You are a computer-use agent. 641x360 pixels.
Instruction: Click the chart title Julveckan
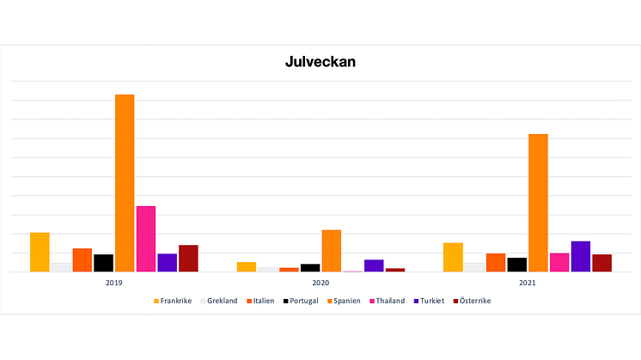tap(320, 63)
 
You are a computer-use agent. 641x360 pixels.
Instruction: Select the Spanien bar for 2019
tap(125, 183)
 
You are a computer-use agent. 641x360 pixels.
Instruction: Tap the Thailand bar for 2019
tap(146, 239)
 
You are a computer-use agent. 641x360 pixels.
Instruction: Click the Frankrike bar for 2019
tap(40, 252)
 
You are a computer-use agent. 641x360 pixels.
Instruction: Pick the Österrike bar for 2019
tap(188, 259)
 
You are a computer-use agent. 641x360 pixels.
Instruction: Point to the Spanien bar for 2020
tap(331, 251)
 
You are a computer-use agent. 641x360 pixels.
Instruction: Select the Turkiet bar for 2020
tap(374, 265)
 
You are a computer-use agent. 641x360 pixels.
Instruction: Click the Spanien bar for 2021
tap(538, 203)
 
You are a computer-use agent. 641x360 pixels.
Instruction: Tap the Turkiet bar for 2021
tap(580, 256)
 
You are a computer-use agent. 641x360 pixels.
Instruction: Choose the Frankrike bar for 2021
tap(453, 257)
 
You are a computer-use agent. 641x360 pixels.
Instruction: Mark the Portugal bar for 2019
tap(103, 263)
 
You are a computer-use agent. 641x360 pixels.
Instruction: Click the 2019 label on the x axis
tap(113, 283)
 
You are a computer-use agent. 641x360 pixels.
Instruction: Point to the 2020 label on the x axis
tap(320, 283)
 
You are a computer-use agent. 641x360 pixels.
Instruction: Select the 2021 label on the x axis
tap(527, 283)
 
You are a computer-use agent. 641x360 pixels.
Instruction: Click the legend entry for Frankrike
tap(173, 301)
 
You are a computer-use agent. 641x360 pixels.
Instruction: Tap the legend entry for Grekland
tap(219, 301)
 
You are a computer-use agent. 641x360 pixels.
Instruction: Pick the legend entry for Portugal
tap(300, 301)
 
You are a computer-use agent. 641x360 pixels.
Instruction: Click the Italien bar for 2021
tap(496, 262)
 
